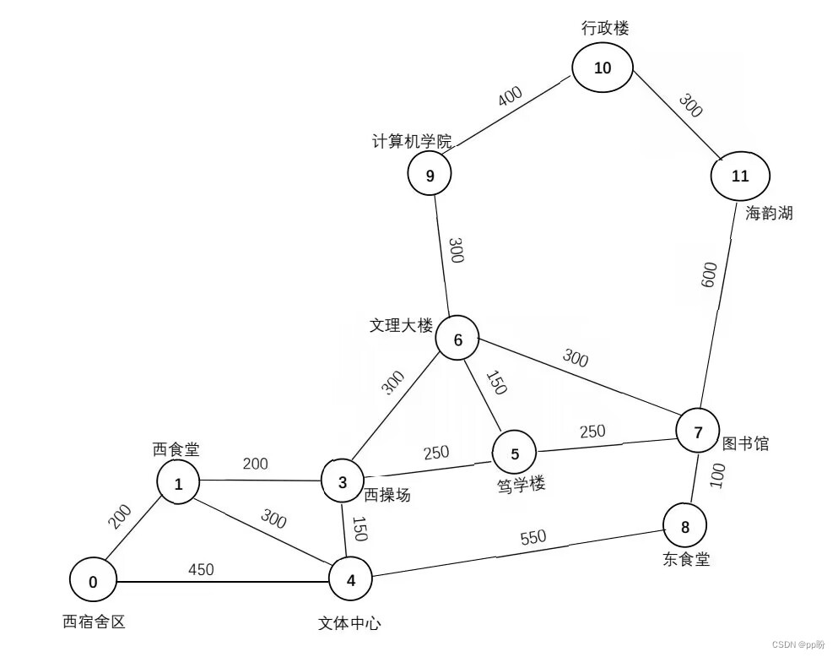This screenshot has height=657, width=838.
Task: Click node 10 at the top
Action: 603,68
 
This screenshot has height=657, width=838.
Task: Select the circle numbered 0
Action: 93,581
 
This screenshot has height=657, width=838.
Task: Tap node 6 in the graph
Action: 458,340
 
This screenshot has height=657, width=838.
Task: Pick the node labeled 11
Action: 740,176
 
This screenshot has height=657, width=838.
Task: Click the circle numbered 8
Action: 684,527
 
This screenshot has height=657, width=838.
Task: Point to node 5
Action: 515,453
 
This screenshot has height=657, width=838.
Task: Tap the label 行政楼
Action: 605,28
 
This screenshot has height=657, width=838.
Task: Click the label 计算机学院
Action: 413,141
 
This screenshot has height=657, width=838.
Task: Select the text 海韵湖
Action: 769,213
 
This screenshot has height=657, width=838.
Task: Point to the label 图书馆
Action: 745,443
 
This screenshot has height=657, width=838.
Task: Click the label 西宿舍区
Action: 94,622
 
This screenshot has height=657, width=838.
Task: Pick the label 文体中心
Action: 349,624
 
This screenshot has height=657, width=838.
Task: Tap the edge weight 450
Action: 200,569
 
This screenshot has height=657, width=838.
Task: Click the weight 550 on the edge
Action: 533,537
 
